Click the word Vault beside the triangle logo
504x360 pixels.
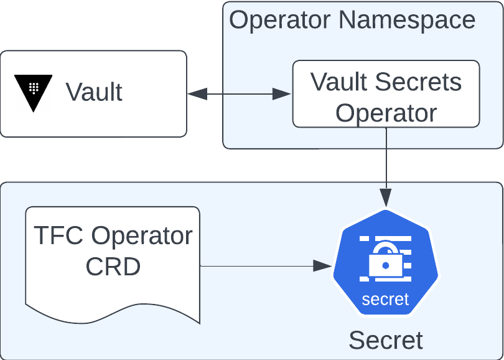click(x=94, y=92)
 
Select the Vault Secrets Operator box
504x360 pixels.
click(x=386, y=93)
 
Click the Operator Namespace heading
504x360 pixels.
click(x=352, y=20)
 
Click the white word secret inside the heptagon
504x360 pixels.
click(x=385, y=300)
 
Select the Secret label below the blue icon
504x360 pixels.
click(x=385, y=340)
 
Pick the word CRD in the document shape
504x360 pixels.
click(x=113, y=267)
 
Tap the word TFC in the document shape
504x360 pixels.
click(x=57, y=236)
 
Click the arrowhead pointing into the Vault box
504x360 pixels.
click(x=196, y=95)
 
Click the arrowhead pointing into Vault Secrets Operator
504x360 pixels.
click(x=283, y=95)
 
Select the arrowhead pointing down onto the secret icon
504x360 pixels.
click(x=386, y=199)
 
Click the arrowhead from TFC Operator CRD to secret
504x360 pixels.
click(x=322, y=266)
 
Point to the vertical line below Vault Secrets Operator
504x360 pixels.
click(x=386, y=156)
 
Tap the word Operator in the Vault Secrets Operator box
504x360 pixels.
click(x=386, y=113)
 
